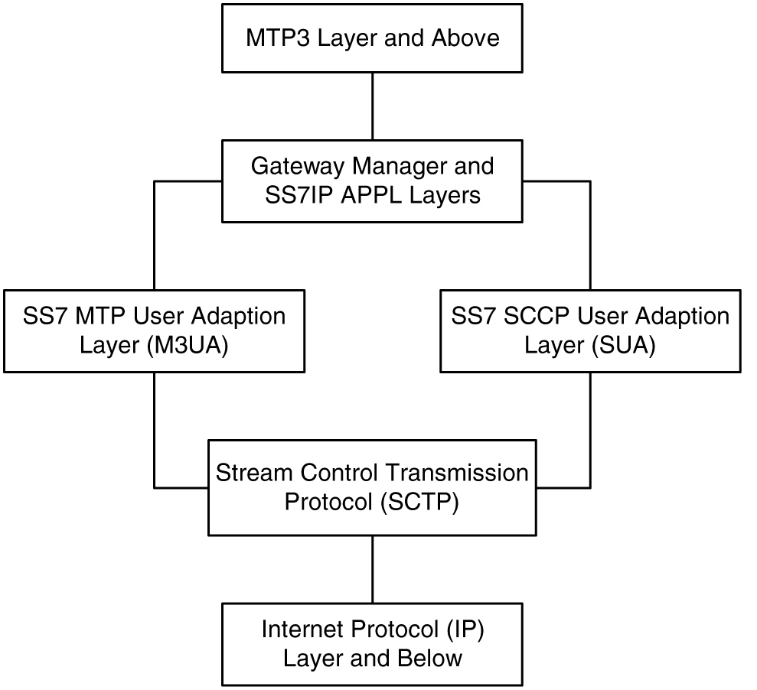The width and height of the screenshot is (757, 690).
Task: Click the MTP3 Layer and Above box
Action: point(372,38)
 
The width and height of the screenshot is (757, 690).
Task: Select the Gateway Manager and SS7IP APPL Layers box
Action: point(372,181)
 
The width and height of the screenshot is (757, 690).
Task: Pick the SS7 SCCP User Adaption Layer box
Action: point(590,330)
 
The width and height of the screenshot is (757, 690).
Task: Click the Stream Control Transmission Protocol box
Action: point(372,487)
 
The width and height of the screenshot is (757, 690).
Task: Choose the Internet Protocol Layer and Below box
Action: point(372,643)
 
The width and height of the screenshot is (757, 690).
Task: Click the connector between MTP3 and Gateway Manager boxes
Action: point(372,106)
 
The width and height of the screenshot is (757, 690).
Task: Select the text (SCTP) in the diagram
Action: point(416,503)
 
